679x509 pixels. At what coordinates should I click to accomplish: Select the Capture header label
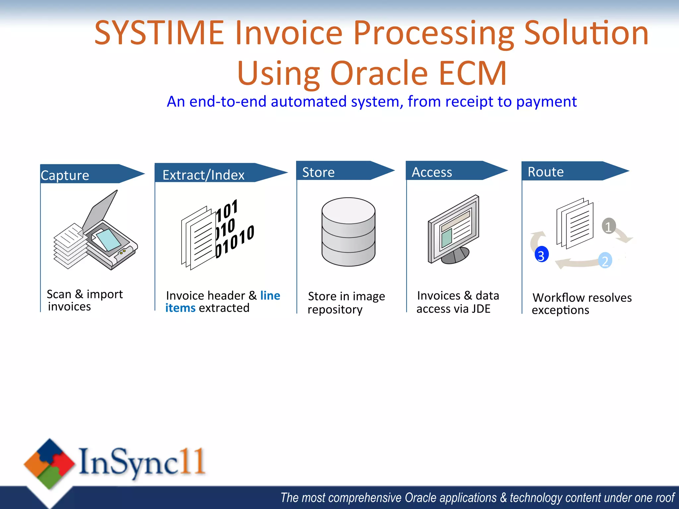65,175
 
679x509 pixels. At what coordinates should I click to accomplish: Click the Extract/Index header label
203,175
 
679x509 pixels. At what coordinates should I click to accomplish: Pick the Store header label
318,172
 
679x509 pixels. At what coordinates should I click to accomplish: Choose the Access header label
432,172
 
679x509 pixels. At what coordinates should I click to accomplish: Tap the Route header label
545,172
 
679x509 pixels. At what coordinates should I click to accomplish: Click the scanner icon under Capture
96,232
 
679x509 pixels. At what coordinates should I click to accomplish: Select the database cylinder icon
348,232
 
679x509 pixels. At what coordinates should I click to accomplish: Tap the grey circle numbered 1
608,226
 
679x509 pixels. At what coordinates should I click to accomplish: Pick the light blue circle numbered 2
605,261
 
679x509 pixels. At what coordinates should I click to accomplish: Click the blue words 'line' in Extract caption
270,295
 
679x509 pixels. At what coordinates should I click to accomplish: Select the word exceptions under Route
560,310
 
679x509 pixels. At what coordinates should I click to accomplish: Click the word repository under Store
335,310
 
